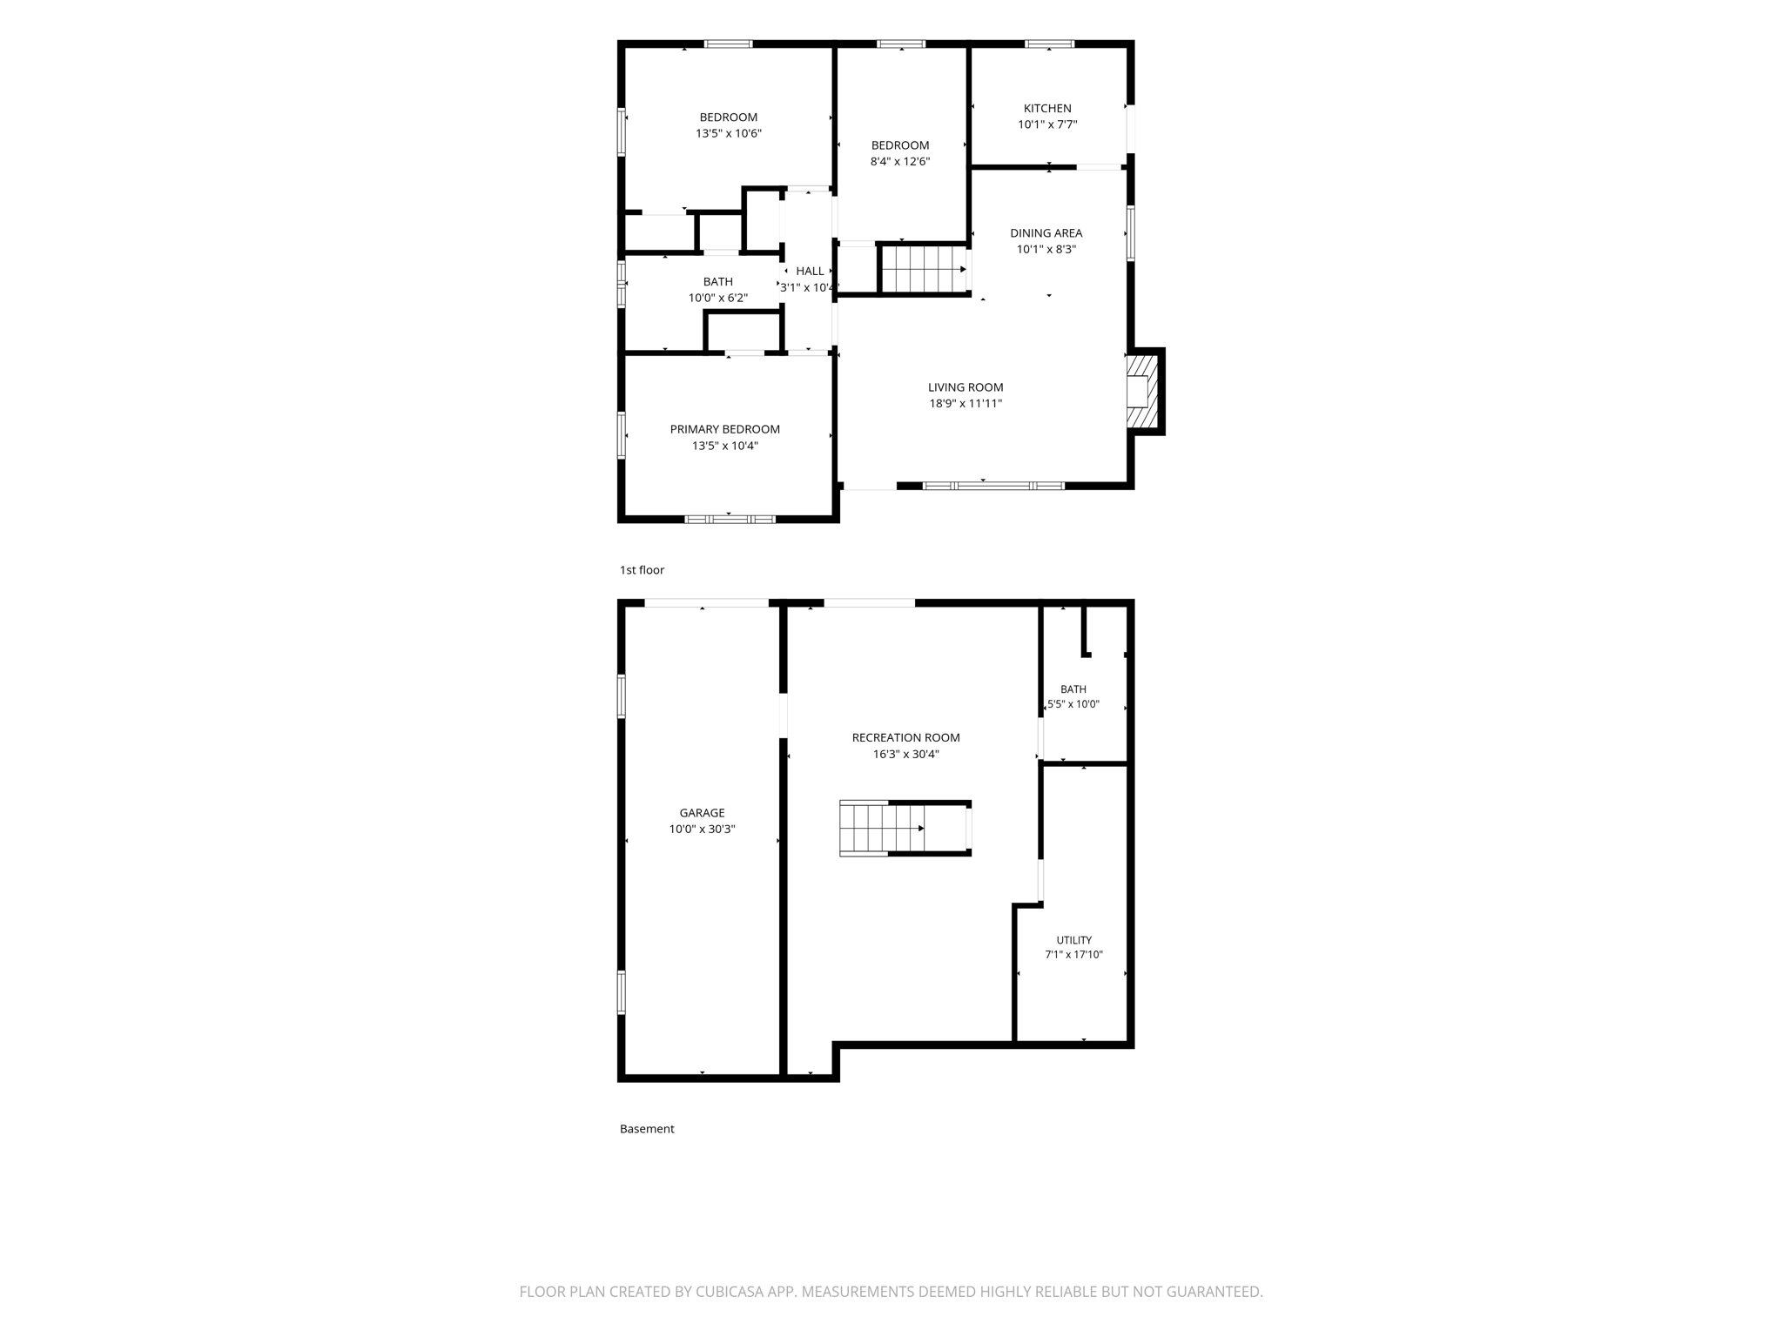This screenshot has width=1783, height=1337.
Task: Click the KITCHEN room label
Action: (1047, 109)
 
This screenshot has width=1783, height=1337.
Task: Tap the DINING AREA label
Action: (1046, 233)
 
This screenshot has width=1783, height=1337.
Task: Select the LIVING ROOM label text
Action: (966, 387)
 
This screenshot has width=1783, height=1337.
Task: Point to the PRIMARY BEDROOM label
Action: (725, 429)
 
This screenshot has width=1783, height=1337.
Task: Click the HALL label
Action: (810, 272)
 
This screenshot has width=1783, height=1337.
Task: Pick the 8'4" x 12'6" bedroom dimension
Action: (900, 162)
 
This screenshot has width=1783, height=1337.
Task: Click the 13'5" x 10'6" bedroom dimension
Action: (729, 134)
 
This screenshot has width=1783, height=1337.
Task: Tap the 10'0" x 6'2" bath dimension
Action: (718, 299)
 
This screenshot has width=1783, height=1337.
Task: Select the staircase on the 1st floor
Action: (924, 270)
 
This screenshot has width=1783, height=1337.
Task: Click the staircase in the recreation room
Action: (905, 829)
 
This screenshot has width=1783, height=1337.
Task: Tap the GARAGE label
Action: (702, 813)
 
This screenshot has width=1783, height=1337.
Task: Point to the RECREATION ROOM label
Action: (905, 738)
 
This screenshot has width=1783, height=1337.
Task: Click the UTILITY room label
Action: (1073, 940)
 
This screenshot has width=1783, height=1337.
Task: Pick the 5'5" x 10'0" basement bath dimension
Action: (1073, 705)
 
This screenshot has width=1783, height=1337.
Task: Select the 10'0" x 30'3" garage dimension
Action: (702, 830)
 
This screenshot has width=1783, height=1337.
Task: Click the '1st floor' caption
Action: (642, 570)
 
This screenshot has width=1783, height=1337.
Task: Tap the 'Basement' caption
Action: (647, 1129)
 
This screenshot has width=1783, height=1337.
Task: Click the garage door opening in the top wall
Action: (706, 602)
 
